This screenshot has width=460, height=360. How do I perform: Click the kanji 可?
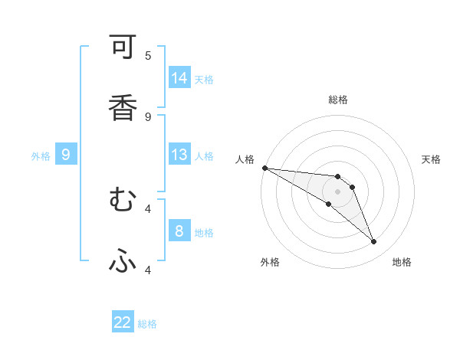(123, 47)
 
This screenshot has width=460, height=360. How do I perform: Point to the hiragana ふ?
(123, 262)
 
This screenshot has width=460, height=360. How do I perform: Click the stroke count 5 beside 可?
(148, 55)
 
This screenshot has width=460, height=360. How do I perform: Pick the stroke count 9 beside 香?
(148, 116)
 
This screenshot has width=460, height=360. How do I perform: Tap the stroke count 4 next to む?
(148, 208)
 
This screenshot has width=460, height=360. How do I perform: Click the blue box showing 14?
(179, 78)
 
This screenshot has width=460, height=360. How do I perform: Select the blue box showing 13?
(179, 155)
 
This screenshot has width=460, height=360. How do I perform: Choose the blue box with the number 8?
(179, 231)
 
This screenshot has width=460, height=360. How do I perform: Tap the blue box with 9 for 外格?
(66, 155)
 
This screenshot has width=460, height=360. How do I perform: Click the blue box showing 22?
(123, 322)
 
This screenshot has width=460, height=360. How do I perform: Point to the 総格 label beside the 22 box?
(147, 324)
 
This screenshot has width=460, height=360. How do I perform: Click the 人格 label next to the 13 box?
(204, 156)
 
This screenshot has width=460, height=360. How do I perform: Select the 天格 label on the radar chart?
(432, 159)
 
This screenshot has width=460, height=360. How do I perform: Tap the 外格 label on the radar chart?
(270, 262)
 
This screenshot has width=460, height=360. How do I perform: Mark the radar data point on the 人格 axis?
(264, 168)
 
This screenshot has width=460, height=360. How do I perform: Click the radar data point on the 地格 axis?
(374, 242)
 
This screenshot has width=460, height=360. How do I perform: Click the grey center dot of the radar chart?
(337, 191)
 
